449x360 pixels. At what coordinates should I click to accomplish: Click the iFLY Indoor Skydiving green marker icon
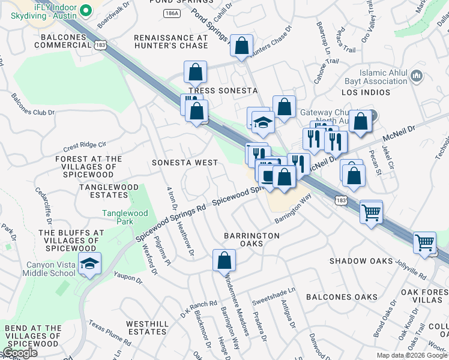86,10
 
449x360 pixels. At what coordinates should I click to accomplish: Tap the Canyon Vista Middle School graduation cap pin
89,264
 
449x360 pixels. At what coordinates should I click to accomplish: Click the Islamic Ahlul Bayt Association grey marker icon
417,76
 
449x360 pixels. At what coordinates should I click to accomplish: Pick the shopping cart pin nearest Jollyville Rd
425,243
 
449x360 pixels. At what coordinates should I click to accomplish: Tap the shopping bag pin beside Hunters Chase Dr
241,46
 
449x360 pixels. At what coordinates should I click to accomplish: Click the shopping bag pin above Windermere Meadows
224,261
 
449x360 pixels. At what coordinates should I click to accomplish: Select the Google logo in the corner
20,353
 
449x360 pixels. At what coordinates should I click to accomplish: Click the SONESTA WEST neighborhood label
185,163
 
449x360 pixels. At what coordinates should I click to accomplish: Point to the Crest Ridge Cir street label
84,145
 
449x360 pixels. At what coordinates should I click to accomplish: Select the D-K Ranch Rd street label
198,308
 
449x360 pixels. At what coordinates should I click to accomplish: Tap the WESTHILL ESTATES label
146,328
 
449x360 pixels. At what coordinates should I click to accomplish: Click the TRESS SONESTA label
223,91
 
